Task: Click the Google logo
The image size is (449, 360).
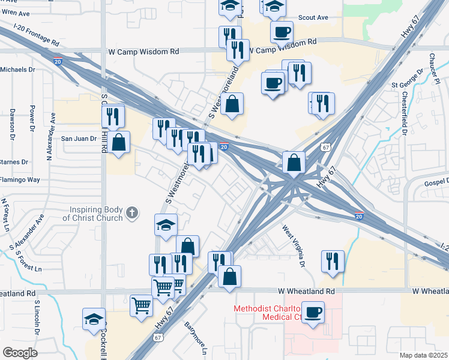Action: pyautogui.click(x=20, y=353)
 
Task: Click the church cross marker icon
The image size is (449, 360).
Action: pyautogui.click(x=132, y=212)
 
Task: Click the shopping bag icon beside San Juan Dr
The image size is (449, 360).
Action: pyautogui.click(x=119, y=143)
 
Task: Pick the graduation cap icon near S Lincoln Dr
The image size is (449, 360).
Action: pyautogui.click(x=94, y=319)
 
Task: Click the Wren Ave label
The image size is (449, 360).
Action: pyautogui.click(x=15, y=13)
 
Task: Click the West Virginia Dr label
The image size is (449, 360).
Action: pyautogui.click(x=294, y=245)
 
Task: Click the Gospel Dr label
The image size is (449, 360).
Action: pyautogui.click(x=435, y=181)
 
